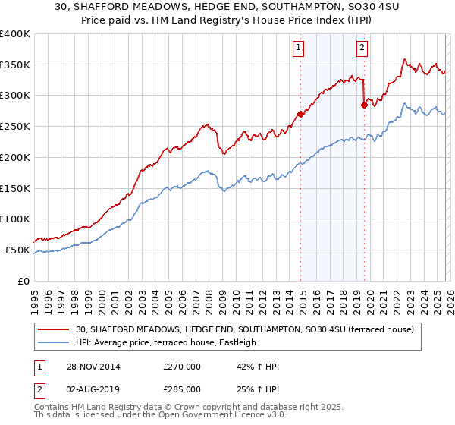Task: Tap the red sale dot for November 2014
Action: (x=300, y=115)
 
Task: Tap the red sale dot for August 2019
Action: (x=364, y=105)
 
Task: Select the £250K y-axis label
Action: (x=15, y=127)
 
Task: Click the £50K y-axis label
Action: (x=17, y=250)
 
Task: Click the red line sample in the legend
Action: (x=54, y=330)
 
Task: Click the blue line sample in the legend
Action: (x=54, y=343)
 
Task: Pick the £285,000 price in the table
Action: (x=182, y=389)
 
